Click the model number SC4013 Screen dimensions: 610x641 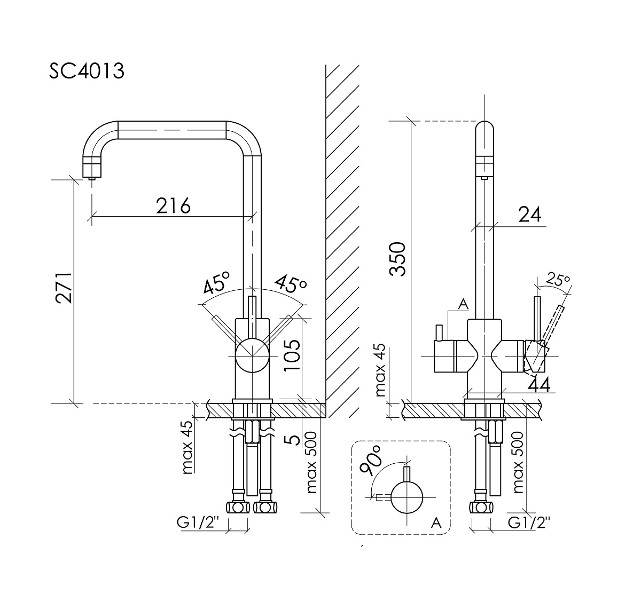pos(87,71)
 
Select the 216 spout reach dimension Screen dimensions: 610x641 pos(173,205)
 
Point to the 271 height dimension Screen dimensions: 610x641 pos(64,288)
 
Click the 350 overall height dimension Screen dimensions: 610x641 pos(398,259)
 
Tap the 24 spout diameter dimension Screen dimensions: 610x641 pos(529,215)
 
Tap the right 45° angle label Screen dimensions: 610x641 pos(291,284)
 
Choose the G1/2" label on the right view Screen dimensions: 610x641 pos(528,523)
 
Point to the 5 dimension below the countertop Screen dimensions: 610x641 pos(292,440)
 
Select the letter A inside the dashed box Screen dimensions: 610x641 pos(437,524)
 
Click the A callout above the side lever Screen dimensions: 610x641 pos(463,304)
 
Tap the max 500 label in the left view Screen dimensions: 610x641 pos(311,463)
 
